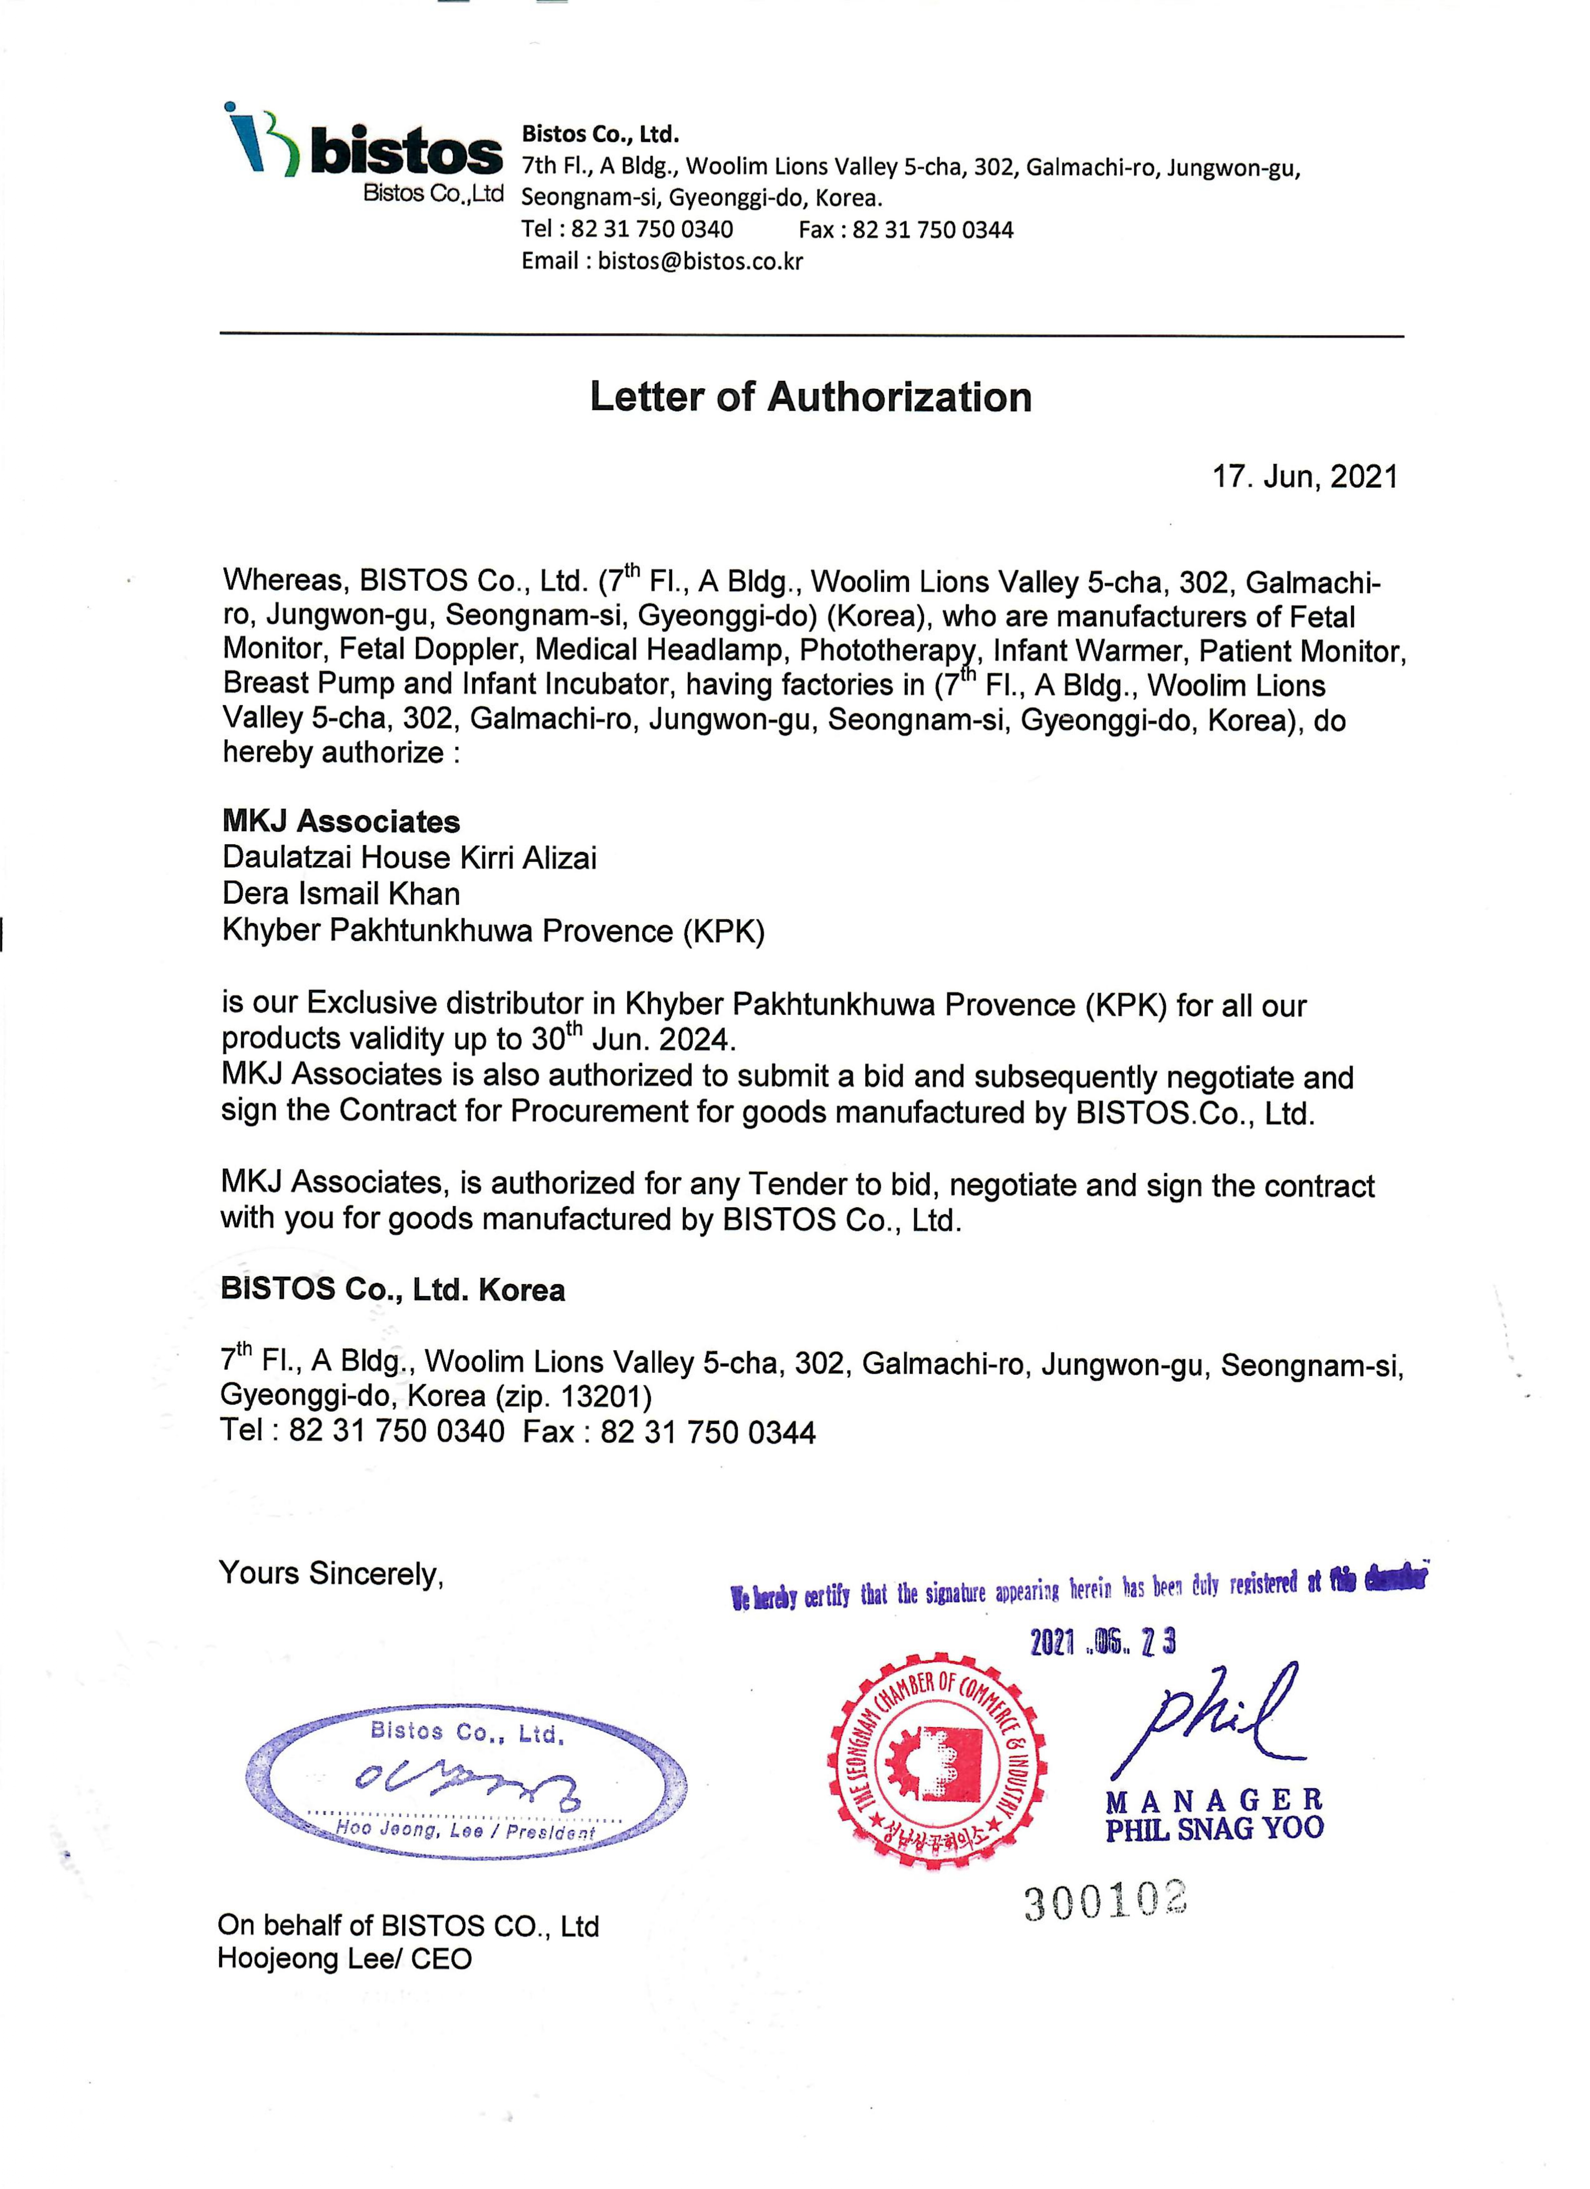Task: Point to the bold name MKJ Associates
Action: pos(341,821)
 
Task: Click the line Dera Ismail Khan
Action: pos(341,894)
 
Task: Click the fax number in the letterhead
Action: pos(932,230)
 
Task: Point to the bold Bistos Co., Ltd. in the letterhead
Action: pos(600,134)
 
